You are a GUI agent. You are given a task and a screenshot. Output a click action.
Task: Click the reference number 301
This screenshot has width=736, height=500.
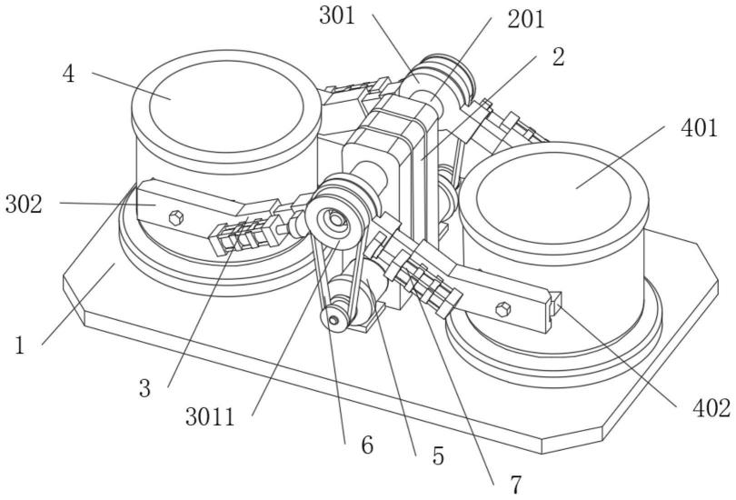(x=337, y=16)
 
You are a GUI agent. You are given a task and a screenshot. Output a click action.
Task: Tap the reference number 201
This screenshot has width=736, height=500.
(x=526, y=20)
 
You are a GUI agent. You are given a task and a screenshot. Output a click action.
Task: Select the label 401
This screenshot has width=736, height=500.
(x=700, y=127)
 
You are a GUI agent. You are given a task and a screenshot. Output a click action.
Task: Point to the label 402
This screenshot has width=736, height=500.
(x=711, y=408)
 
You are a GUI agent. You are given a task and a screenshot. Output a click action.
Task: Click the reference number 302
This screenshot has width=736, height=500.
(x=24, y=205)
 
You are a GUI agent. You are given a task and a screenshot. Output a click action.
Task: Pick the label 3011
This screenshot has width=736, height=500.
(x=210, y=416)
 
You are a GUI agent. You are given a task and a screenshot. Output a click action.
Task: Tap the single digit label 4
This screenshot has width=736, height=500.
(x=68, y=75)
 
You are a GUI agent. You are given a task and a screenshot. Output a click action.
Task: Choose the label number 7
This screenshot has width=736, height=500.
(x=516, y=485)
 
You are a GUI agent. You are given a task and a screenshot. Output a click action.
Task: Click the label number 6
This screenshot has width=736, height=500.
(x=367, y=445)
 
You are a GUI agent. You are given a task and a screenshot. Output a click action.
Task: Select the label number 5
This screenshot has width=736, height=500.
(x=438, y=455)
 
